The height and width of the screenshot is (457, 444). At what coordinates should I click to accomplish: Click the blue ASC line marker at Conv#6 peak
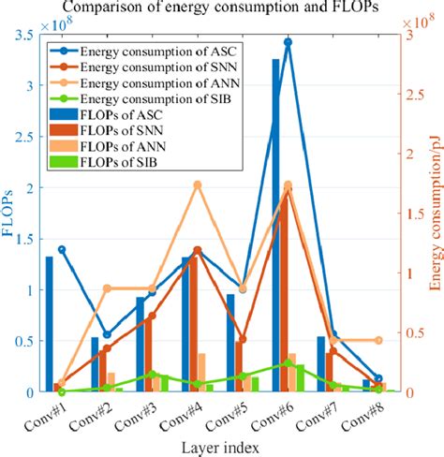click(x=288, y=42)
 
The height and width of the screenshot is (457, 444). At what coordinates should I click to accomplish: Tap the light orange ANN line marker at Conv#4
click(x=198, y=185)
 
